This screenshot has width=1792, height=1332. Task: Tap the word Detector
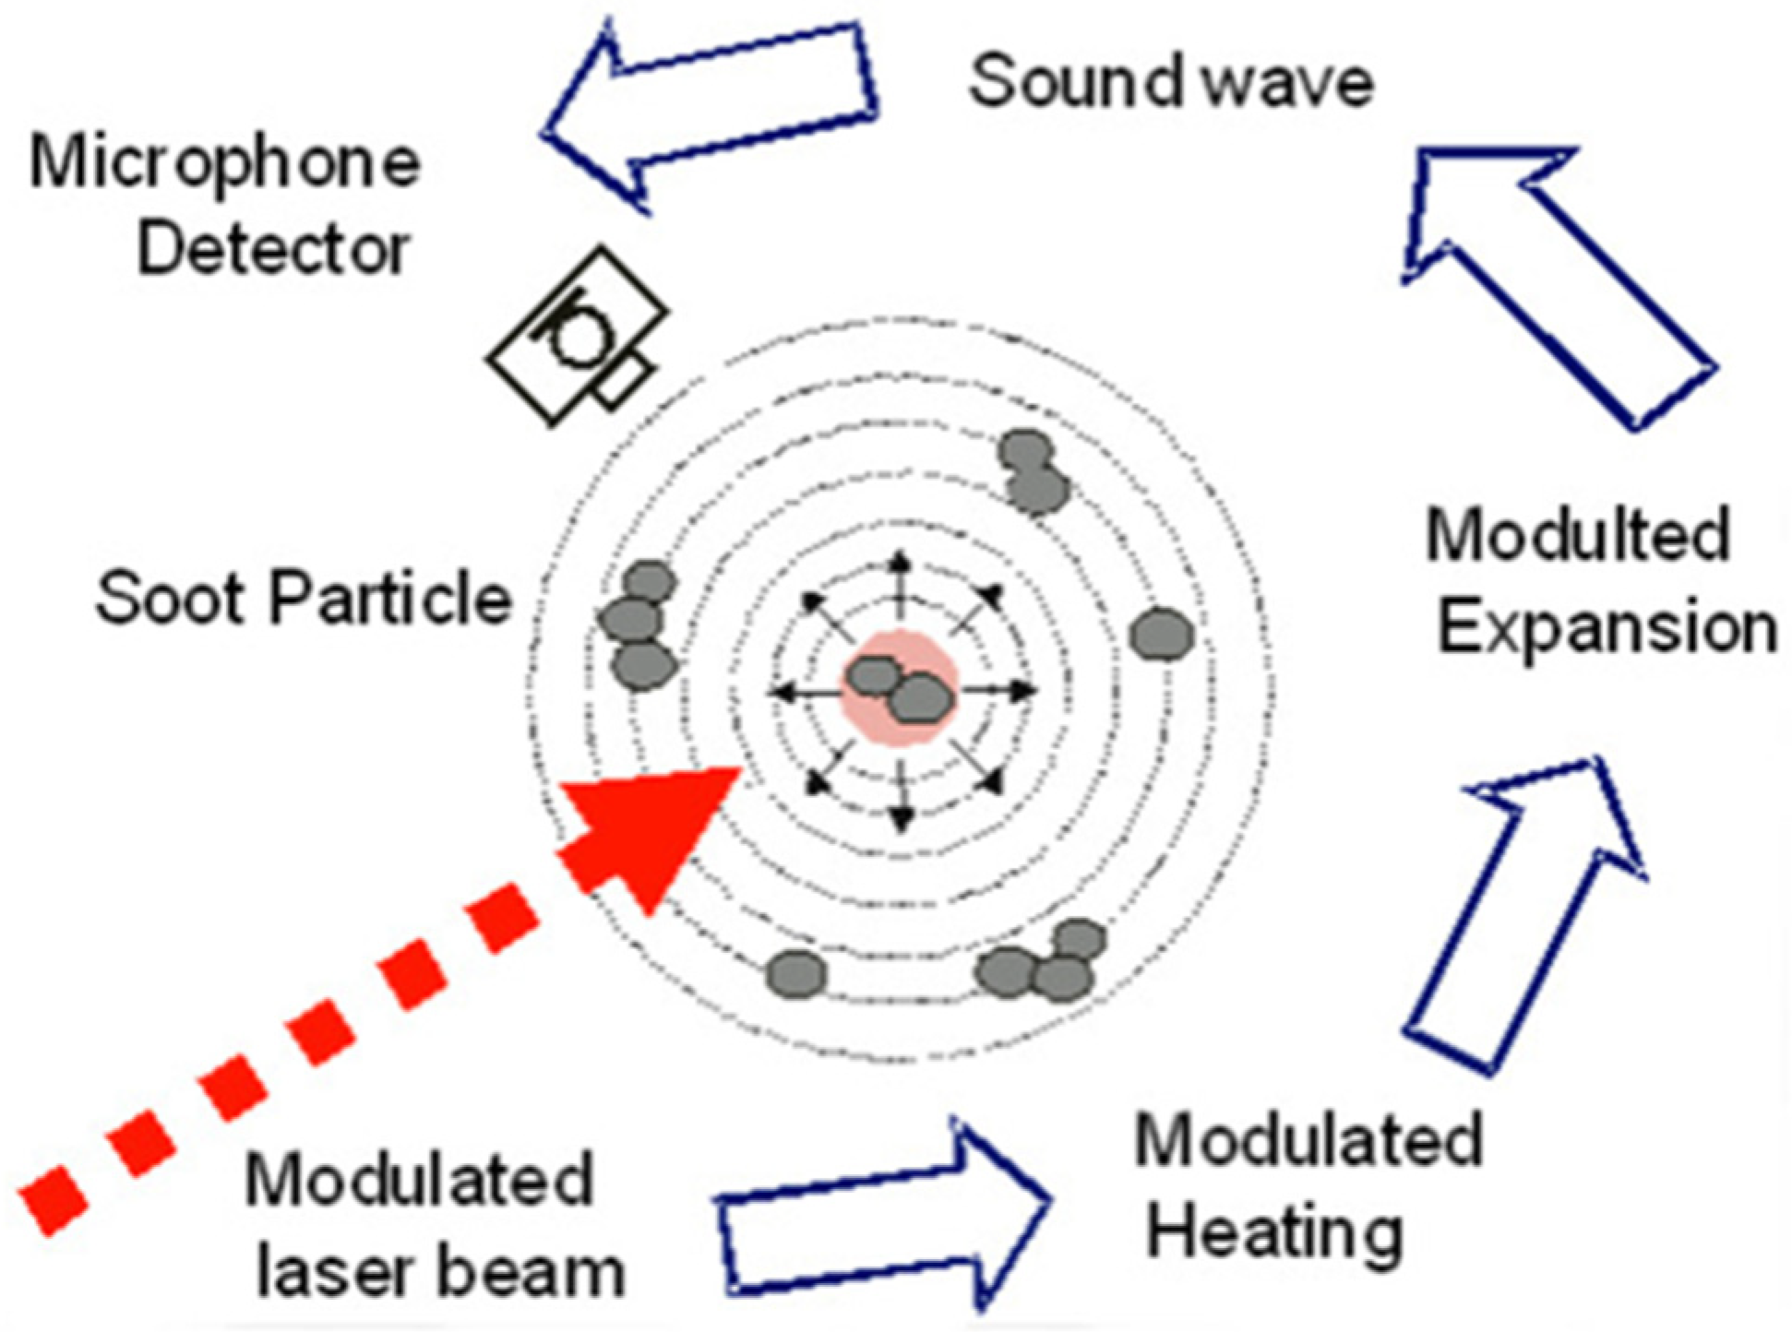coord(273,249)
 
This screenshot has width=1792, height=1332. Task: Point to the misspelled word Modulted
coord(1577,535)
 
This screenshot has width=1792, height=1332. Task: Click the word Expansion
coord(1607,629)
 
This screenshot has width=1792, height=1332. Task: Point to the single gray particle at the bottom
coord(796,974)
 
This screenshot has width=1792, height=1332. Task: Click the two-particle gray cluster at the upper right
coord(1033,470)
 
